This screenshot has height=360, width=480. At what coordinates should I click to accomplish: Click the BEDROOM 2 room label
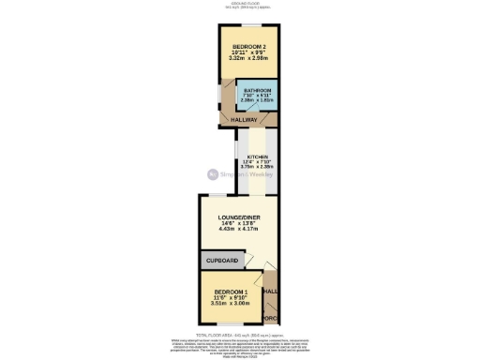pyautogui.click(x=248, y=47)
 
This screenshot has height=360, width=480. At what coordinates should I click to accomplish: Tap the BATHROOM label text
pyautogui.click(x=255, y=90)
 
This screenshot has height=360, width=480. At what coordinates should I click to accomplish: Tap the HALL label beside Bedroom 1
pyautogui.click(x=270, y=292)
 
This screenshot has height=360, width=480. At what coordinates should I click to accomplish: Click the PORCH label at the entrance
pyautogui.click(x=270, y=319)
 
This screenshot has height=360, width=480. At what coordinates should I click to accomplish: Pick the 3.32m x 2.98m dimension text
pyautogui.click(x=248, y=59)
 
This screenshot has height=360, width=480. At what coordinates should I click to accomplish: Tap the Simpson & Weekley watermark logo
pyautogui.click(x=238, y=174)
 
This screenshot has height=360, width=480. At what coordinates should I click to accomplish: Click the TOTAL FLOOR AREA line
pyautogui.click(x=239, y=333)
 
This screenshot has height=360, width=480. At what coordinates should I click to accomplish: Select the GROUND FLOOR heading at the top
pyautogui.click(x=239, y=5)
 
